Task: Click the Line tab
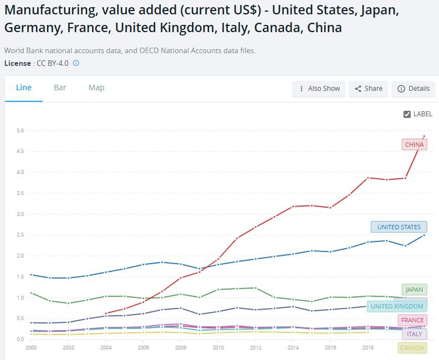[x=24, y=88]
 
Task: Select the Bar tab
[x=60, y=88]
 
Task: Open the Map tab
[x=96, y=88]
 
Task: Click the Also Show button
[x=319, y=89]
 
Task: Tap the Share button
[x=368, y=89]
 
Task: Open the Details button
[x=413, y=89]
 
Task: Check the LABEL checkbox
[x=407, y=114]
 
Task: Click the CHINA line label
[x=414, y=145]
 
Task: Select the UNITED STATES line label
[x=399, y=227]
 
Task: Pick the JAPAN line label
[x=414, y=290]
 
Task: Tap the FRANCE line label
[x=412, y=320]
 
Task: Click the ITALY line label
[x=414, y=334]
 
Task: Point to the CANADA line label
[x=412, y=348]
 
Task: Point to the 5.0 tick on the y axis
[x=20, y=131]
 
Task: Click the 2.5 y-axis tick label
[x=20, y=235]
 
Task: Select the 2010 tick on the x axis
[x=218, y=348]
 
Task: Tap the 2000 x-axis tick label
[x=30, y=348]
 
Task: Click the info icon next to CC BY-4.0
[x=76, y=63]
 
